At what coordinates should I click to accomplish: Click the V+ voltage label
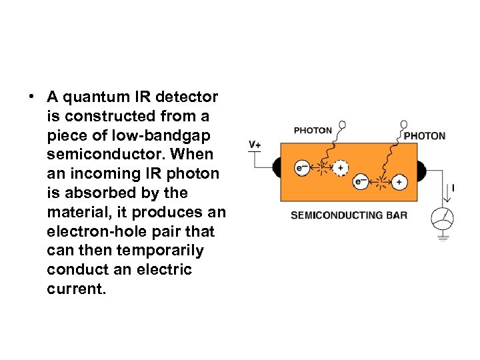(x=255, y=145)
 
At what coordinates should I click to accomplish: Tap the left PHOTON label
(x=312, y=131)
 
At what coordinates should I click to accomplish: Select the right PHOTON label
(x=425, y=136)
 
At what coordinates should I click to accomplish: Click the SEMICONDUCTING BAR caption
(x=349, y=215)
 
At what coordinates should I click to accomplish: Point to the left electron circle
(x=302, y=169)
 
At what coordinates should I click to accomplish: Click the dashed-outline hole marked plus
(x=341, y=169)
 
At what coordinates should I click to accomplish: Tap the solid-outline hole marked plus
(x=399, y=181)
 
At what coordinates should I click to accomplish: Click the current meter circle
(x=442, y=217)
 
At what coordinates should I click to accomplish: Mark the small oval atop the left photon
(x=343, y=124)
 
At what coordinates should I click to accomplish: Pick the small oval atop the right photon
(x=404, y=124)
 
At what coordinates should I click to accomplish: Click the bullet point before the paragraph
(x=31, y=97)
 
